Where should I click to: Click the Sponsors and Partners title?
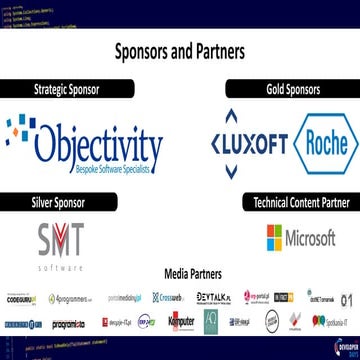click(x=180, y=49)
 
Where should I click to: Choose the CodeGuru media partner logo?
click(x=24, y=297)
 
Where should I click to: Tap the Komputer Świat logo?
click(x=181, y=321)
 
